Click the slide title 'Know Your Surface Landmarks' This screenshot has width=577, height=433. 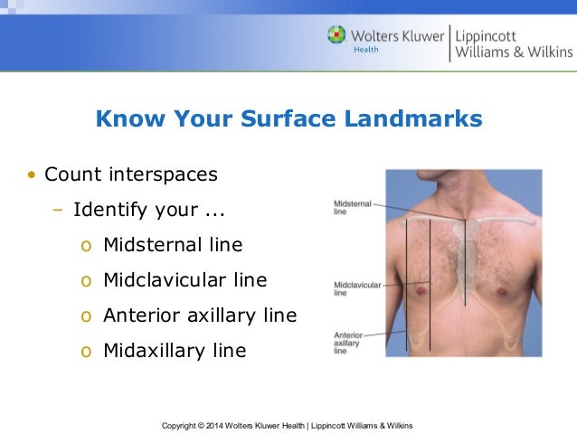pyautogui.click(x=288, y=119)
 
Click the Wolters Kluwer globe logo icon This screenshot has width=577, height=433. pyautogui.click(x=336, y=35)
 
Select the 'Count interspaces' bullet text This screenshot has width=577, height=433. pyautogui.click(x=131, y=173)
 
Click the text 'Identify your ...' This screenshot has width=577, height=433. pyautogui.click(x=149, y=210)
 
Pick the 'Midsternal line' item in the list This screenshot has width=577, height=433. pyautogui.click(x=173, y=245)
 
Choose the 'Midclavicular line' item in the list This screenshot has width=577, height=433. pyautogui.click(x=184, y=280)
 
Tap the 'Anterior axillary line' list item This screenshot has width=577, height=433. pyautogui.click(x=200, y=315)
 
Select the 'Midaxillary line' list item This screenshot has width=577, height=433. pyautogui.click(x=175, y=351)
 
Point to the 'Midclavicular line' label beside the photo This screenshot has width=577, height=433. pyautogui.click(x=355, y=289)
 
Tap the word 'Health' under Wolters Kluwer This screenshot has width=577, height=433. pyautogui.click(x=366, y=49)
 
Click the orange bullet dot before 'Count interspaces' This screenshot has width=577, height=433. pyautogui.click(x=32, y=174)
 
